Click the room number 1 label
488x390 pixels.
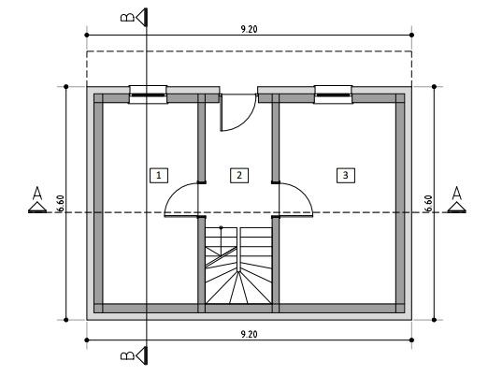159,175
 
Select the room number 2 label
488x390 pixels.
239,175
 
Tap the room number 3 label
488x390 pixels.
346,175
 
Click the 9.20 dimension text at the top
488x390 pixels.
249,29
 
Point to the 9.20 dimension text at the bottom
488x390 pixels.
249,334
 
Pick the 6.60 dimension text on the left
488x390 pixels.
61,203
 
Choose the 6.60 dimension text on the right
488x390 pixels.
428,203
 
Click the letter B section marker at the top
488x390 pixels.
127,17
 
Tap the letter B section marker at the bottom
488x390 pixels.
127,355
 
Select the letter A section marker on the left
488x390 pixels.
37,193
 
